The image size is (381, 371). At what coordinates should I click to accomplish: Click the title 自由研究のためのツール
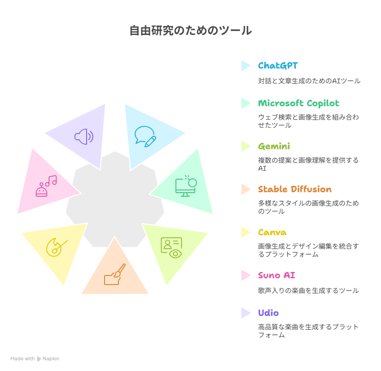click(191, 30)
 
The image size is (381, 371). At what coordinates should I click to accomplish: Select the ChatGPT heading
click(278, 65)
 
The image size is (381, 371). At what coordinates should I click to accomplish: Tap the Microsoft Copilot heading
click(298, 104)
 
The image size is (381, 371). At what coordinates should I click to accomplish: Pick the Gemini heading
click(274, 147)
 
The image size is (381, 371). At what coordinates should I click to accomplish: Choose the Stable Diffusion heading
click(295, 189)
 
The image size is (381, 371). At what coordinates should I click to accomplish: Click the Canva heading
click(272, 233)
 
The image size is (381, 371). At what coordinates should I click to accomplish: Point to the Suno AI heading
click(276, 276)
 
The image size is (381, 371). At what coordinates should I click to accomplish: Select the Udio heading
click(268, 313)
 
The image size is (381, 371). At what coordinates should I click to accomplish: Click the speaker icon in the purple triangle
click(84, 137)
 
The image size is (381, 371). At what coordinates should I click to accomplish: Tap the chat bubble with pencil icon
click(145, 137)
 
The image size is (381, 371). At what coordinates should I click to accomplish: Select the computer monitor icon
click(186, 186)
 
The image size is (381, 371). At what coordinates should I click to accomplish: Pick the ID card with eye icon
click(171, 247)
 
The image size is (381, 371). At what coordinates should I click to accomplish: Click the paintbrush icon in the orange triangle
click(115, 274)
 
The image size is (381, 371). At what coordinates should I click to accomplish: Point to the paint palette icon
click(57, 247)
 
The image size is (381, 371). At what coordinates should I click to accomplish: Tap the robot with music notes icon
click(46, 186)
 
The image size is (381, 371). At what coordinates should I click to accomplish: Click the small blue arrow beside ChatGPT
click(245, 66)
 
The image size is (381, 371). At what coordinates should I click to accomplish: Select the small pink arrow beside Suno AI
click(245, 276)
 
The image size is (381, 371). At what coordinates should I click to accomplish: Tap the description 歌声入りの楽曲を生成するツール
click(308, 290)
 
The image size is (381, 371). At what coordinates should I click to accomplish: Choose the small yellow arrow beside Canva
click(245, 233)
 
